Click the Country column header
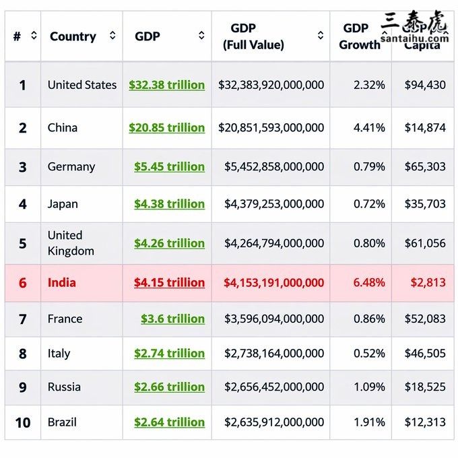coord(73,36)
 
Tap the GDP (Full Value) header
coord(253,36)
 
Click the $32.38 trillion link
coord(166,85)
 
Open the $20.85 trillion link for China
coord(166,127)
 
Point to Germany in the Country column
coord(71,166)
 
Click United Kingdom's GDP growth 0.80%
coord(369,243)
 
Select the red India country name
coord(61,283)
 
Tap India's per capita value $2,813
coord(428,283)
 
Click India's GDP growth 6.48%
coord(369,283)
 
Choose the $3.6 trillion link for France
coord(172,319)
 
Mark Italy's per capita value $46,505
coord(425,354)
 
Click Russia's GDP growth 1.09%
coord(369,387)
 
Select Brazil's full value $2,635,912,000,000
coord(274,422)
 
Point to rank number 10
coord(22,423)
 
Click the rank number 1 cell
coord(22,86)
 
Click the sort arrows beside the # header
coord(34,36)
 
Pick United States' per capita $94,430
coord(425,85)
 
